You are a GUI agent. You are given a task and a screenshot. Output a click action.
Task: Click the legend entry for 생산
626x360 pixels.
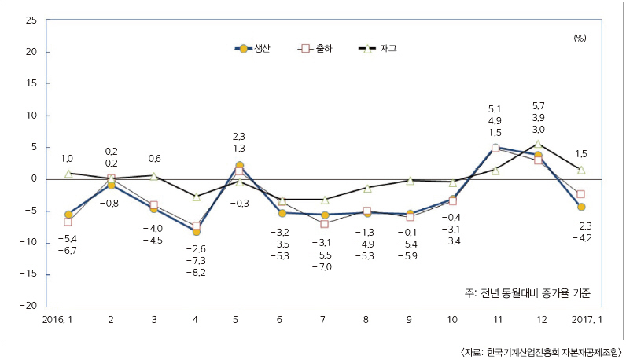pyautogui.click(x=253, y=49)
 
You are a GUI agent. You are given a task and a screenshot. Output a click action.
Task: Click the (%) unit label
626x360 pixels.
pyautogui.click(x=580, y=37)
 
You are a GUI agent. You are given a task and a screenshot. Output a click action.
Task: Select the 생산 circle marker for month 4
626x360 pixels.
pyautogui.click(x=197, y=232)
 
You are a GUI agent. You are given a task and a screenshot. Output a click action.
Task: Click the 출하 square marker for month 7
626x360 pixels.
pyautogui.click(x=325, y=224)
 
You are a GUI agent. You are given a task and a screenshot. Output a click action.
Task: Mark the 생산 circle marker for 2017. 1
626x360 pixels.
pyautogui.click(x=581, y=207)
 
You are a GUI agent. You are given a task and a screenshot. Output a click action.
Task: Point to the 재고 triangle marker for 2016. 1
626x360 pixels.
pyautogui.click(x=68, y=173)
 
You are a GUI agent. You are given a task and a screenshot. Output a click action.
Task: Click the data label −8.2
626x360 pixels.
pyautogui.click(x=196, y=272)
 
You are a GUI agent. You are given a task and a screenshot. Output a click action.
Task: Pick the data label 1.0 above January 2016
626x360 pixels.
pyautogui.click(x=68, y=158)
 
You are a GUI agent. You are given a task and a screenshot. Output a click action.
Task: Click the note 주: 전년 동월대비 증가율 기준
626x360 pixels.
pyautogui.click(x=527, y=292)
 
